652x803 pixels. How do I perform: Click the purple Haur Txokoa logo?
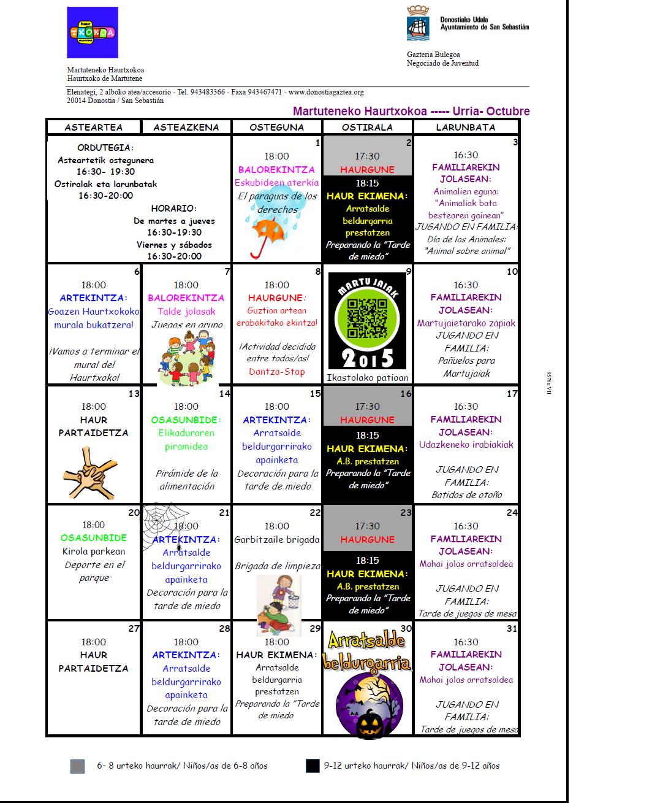click(x=93, y=33)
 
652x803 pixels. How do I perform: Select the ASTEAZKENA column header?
click(x=186, y=128)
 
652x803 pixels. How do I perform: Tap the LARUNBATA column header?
click(x=466, y=128)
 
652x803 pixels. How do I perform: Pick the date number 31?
click(x=512, y=629)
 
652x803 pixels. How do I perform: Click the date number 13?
click(x=134, y=394)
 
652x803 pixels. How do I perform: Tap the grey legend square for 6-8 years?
click(x=77, y=766)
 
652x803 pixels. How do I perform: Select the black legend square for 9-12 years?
click(x=313, y=766)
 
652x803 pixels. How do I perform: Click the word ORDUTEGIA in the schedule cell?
click(x=105, y=148)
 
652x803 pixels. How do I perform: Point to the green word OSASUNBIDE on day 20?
click(x=94, y=538)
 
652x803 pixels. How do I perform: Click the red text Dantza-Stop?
click(x=276, y=372)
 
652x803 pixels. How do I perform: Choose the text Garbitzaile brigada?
click(x=277, y=540)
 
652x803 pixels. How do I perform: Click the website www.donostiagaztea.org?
click(x=326, y=92)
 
